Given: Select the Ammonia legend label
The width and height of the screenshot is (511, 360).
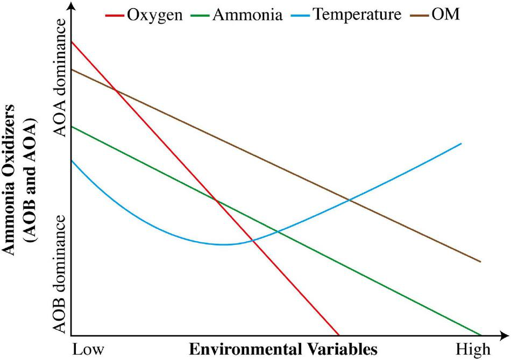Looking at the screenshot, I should click(x=247, y=14).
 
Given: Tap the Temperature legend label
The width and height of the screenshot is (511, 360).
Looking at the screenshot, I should click(x=357, y=14).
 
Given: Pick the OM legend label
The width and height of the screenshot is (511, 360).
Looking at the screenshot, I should click(x=446, y=14).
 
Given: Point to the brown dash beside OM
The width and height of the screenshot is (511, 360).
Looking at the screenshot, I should click(x=420, y=15).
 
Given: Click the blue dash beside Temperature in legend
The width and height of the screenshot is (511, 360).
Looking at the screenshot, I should click(x=302, y=15).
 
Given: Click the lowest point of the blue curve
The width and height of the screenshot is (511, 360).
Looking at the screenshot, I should click(x=224, y=245).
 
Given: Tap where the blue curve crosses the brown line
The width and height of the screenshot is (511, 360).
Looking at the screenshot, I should click(x=349, y=200).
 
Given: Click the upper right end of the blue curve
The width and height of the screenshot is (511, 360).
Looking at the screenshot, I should click(x=461, y=143).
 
